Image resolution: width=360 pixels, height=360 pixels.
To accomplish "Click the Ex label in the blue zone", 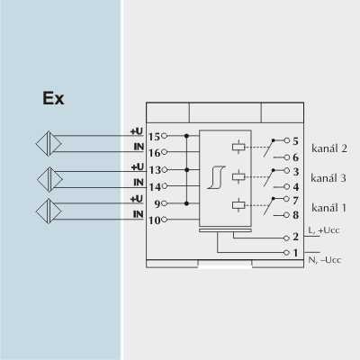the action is coord(53,98).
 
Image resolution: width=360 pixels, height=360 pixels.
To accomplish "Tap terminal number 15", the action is coord(155,137).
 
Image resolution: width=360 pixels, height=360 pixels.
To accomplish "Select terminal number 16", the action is coord(155,153).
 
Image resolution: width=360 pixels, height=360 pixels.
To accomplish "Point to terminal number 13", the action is coord(156,170).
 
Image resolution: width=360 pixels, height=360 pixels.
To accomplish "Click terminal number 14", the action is coord(156,187).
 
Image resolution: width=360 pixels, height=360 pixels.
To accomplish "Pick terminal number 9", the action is coord(157,204).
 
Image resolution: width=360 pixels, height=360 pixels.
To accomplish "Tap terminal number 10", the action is coord(155,220).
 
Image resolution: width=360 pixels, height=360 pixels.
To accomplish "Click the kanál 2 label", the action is coord(329,148).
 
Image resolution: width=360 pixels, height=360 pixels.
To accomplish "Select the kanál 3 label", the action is coord(328,178).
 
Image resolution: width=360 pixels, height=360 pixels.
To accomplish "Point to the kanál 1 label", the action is coord(328,208).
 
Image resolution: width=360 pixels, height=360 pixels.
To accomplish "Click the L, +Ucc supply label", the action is coord(324,230).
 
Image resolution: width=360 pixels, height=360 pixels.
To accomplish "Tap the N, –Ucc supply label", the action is coord(325,260).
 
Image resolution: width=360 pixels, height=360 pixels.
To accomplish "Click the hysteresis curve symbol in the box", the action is coord(217,177).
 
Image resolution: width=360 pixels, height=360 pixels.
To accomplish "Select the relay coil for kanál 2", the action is coord(238,147).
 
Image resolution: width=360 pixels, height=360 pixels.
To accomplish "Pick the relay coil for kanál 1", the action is coord(238,205).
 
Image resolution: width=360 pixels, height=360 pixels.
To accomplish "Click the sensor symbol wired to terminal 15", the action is coord(49,144).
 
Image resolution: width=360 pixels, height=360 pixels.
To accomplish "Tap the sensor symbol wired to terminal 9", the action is coord(49,211).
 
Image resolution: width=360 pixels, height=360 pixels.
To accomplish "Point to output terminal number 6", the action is coord(295,157).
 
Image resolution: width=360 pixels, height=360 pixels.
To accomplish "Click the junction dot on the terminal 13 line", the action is coord(186,170).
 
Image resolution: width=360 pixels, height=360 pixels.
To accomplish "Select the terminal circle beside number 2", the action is coord(286,238).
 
